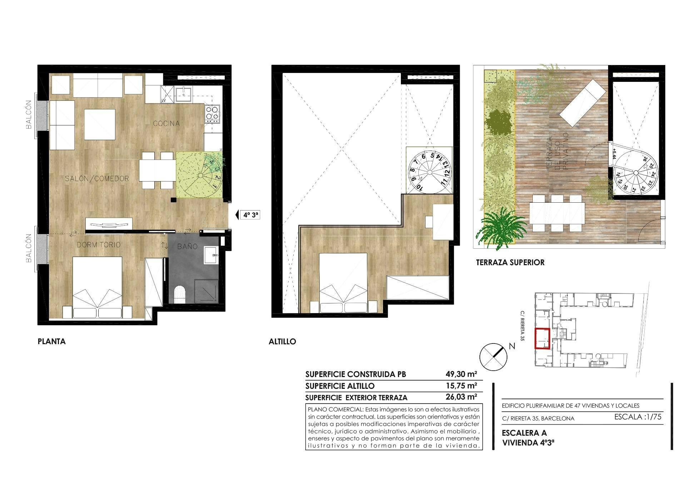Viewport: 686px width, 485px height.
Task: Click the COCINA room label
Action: (x=166, y=124)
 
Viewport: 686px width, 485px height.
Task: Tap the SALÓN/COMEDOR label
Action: (x=97, y=179)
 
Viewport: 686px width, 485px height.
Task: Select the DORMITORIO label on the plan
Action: (x=99, y=245)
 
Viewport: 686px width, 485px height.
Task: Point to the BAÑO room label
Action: (x=187, y=246)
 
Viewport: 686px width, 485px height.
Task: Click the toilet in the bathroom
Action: (x=180, y=294)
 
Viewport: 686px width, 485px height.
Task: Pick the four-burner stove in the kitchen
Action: (x=212, y=114)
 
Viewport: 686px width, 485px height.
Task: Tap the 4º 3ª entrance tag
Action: (x=251, y=215)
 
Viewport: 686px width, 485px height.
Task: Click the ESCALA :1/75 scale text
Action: (x=638, y=417)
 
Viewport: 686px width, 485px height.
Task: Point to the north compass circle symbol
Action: (x=493, y=356)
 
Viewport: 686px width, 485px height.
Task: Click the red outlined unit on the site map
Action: (x=542, y=338)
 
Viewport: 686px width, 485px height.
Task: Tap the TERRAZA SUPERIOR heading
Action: (x=510, y=262)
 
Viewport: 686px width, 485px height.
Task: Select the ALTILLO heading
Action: (x=282, y=342)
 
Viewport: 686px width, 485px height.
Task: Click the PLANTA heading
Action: (x=52, y=342)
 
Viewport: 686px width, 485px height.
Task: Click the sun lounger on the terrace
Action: (x=583, y=103)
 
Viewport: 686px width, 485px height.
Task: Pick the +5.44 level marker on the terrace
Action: (x=614, y=153)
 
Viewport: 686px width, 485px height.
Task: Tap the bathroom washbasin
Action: (x=211, y=255)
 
